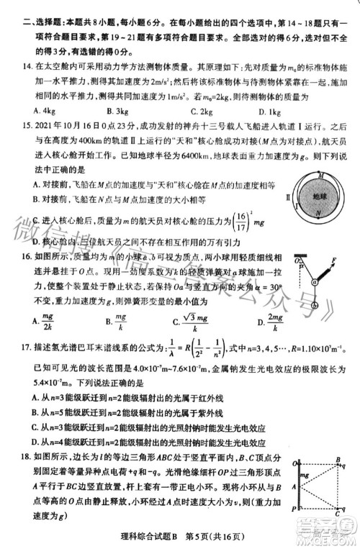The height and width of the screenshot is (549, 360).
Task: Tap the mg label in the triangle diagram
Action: click(302, 475)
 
